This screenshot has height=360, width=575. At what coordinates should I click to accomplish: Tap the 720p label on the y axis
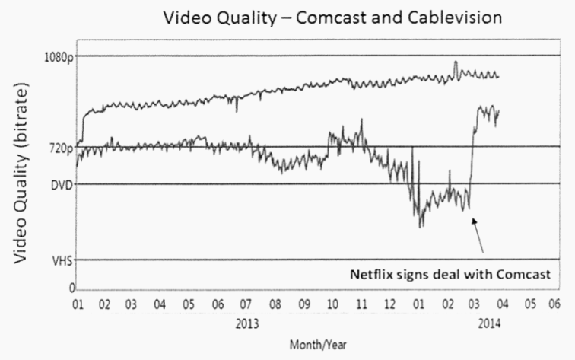pos(58,148)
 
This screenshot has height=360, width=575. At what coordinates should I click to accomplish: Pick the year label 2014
pos(488,323)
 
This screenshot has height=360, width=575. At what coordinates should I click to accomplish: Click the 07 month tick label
pos(246,304)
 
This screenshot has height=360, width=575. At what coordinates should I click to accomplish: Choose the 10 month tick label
pos(332,304)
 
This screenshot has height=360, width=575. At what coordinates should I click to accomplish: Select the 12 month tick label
pos(390,304)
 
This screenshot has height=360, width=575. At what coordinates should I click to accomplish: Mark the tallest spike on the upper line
pos(456,62)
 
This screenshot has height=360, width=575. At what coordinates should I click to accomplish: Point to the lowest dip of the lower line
pos(420,226)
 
